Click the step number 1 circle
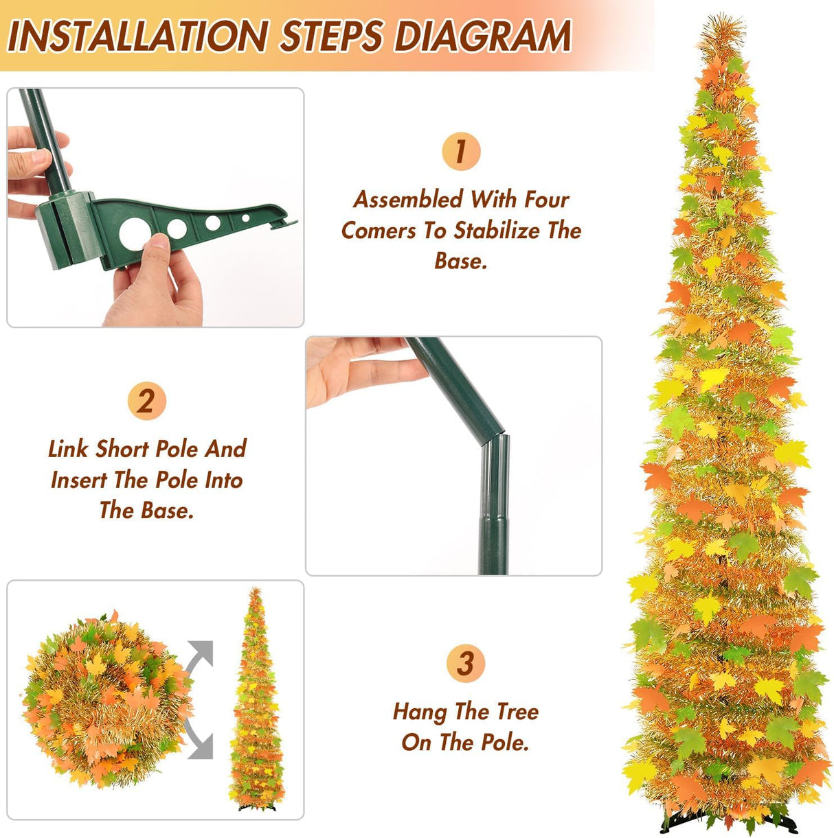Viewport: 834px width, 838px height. tap(461, 152)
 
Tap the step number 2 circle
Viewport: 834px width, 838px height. tap(147, 401)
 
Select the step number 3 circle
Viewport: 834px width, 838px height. tap(466, 664)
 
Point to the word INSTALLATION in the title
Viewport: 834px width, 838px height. tap(137, 36)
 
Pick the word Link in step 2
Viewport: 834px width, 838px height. tap(69, 449)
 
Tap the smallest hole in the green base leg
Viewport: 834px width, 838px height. tap(245, 218)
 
